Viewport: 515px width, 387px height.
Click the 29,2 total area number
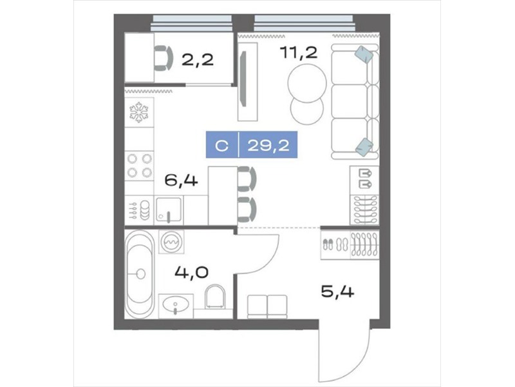268,144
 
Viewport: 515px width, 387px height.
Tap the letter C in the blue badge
222,145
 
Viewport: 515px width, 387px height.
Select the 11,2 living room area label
299,52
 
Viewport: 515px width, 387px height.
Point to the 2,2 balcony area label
198,60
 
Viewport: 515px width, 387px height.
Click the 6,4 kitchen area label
181,180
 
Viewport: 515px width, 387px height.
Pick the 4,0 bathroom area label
191,272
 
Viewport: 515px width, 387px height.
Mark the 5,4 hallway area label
337,292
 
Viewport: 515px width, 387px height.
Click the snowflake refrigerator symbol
139,112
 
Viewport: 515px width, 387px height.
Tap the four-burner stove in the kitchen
139,166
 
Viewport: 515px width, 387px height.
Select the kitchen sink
169,210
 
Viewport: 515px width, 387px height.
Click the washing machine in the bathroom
171,241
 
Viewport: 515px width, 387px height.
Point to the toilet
215,297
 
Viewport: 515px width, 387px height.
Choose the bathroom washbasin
176,306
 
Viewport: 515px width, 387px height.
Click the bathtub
140,273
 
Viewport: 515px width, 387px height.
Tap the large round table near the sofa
307,83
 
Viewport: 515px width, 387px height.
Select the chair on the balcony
164,59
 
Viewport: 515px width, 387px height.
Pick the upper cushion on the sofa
364,54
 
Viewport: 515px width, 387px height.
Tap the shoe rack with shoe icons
335,245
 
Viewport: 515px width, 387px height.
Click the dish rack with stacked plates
139,210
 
